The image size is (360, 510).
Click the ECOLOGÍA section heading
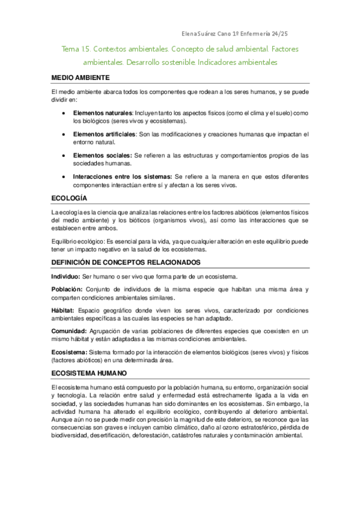point(69,198)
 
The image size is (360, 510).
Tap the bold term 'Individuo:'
point(66,277)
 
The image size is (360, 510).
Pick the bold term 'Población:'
point(67,289)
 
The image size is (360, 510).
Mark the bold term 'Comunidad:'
point(69,331)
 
